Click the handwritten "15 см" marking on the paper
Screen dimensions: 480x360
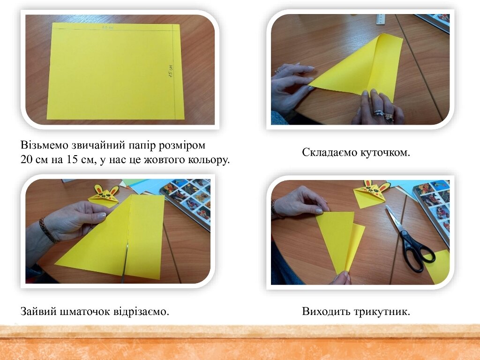171,71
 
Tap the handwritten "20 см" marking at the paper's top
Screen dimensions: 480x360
108,28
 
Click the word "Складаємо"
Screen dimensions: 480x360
330,152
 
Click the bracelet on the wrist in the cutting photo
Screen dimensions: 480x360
48,231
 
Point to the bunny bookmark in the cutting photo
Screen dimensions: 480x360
104,195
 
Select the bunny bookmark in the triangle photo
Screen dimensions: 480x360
372,194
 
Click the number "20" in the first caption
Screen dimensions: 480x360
27,159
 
